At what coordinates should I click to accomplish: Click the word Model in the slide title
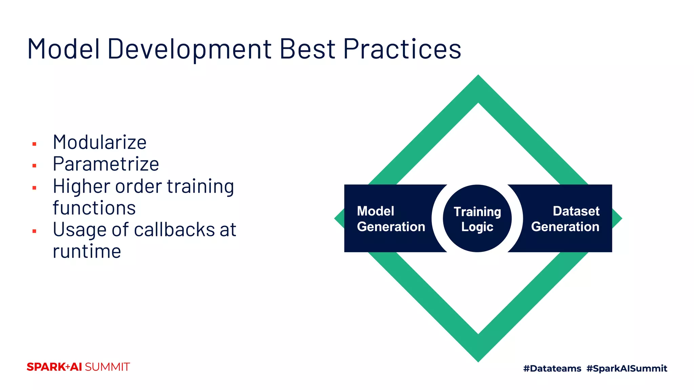(x=63, y=49)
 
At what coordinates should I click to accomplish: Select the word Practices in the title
(x=402, y=49)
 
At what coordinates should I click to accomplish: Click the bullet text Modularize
(x=100, y=142)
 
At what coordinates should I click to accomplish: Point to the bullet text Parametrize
(x=106, y=164)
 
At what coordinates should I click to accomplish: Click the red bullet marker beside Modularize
(x=34, y=144)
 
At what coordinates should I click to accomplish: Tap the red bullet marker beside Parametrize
(x=34, y=166)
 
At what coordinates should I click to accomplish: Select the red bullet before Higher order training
(x=34, y=188)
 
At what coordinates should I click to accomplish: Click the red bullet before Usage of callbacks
(x=34, y=232)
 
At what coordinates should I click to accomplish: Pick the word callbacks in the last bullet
(x=174, y=230)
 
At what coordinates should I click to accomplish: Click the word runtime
(x=87, y=252)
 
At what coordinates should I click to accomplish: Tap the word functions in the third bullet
(x=94, y=208)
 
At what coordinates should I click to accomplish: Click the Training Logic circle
(x=477, y=219)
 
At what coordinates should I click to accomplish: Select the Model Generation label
(x=391, y=219)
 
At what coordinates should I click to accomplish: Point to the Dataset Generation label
(x=565, y=219)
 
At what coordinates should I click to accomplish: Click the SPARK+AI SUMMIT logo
(x=78, y=367)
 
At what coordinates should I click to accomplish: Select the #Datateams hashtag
(x=552, y=368)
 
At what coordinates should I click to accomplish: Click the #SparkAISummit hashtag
(x=627, y=368)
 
